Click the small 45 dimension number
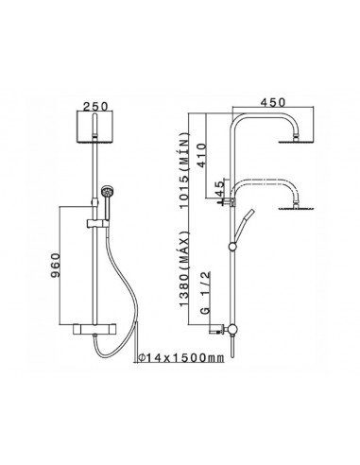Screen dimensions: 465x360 218,190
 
